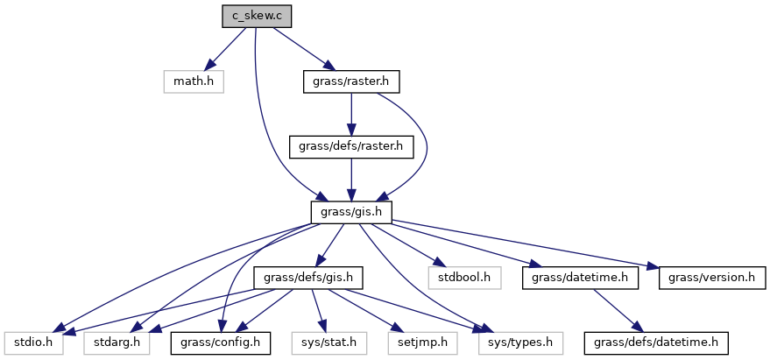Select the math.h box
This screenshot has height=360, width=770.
pos(193,82)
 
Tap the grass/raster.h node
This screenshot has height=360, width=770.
pos(350,82)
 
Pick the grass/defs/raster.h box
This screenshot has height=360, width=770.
pos(350,146)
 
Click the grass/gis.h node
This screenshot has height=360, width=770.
pos(350,212)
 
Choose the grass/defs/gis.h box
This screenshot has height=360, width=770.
pos(307,278)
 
